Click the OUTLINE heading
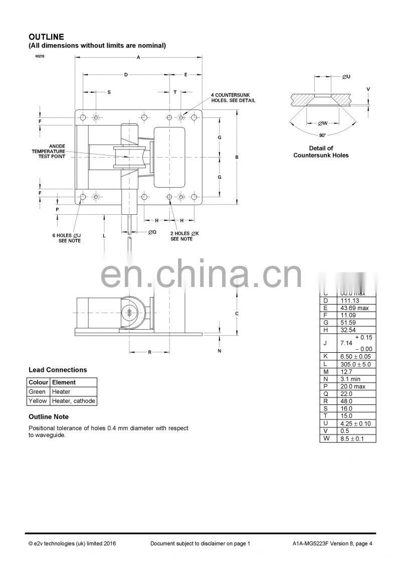pyautogui.click(x=46, y=37)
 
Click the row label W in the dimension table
pyautogui.click(x=326, y=439)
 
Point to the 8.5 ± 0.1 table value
pyautogui.click(x=352, y=439)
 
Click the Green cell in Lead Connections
pyautogui.click(x=37, y=391)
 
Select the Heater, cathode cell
pyautogui.click(x=73, y=401)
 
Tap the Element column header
pyautogui.click(x=64, y=382)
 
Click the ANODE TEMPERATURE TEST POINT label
pyautogui.click(x=49, y=151)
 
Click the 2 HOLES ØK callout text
pyautogui.click(x=184, y=236)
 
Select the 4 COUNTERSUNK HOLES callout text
pyautogui.click(x=233, y=97)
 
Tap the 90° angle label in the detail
pyautogui.click(x=322, y=135)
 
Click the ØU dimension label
pyautogui.click(x=346, y=77)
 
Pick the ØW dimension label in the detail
pyautogui.click(x=323, y=123)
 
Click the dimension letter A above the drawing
pyautogui.click(x=138, y=57)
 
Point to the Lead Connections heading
pyautogui.click(x=58, y=370)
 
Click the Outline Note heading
pyautogui.click(x=49, y=417)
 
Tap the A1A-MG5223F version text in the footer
pyautogui.click(x=333, y=544)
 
